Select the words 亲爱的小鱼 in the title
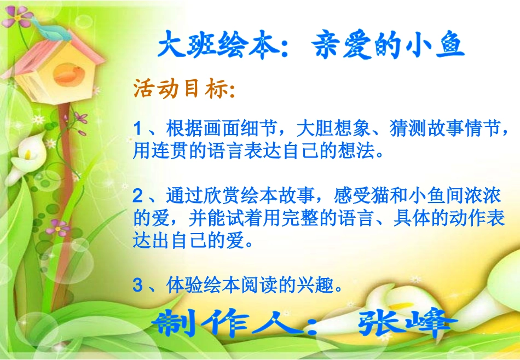click(x=389, y=47)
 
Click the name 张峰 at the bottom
click(x=408, y=324)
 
